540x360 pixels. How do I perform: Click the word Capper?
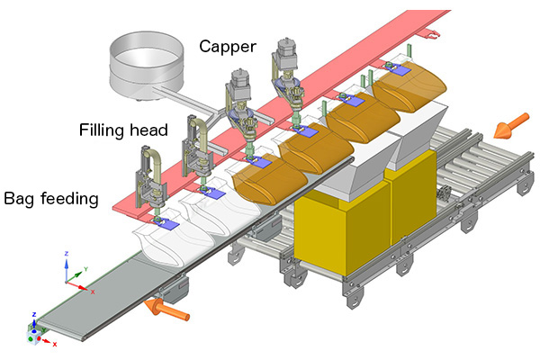click(227, 45)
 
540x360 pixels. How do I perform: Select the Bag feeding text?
click(51, 196)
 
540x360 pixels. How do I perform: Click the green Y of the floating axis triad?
click(85, 268)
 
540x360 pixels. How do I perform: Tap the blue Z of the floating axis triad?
click(68, 254)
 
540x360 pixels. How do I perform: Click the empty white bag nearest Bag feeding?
click(162, 238)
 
